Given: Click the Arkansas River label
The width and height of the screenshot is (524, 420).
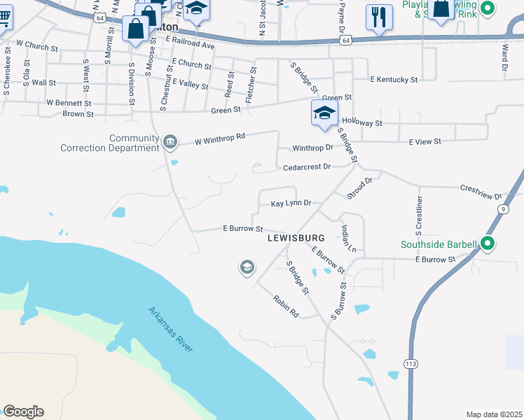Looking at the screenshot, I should point(170,329).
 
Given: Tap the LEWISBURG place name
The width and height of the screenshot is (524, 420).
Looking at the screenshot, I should point(296,239).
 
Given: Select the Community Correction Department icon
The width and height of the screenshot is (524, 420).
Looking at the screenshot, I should point(170,143).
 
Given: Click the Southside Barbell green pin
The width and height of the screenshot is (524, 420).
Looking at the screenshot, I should point(488,244).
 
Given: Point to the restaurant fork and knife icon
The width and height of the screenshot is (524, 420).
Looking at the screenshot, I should point(379,17).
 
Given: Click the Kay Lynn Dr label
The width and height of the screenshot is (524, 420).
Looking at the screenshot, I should point(290,204).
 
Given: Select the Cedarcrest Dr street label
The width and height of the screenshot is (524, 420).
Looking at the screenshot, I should point(307,167).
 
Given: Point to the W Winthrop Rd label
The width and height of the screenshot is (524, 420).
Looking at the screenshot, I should point(220,138).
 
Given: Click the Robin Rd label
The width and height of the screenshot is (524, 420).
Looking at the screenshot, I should point(286,306).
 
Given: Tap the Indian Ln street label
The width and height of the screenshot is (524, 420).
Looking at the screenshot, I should point(348,239).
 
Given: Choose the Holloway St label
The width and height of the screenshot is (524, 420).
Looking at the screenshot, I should point(361,123).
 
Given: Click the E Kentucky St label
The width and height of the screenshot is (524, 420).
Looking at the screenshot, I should point(394,80).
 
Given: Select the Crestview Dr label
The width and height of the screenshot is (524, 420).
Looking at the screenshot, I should point(481,192).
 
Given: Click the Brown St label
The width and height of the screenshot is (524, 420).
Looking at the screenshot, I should point(78,113).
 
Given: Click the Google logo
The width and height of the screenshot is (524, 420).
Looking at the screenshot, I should point(23,412).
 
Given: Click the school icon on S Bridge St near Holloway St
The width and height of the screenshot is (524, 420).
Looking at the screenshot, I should point(324,113).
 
